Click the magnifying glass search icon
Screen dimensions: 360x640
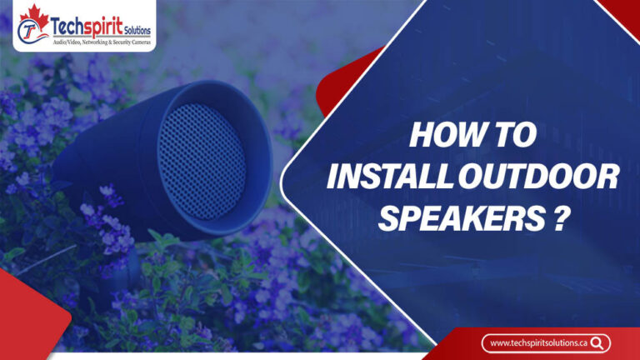click(x=597, y=342)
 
